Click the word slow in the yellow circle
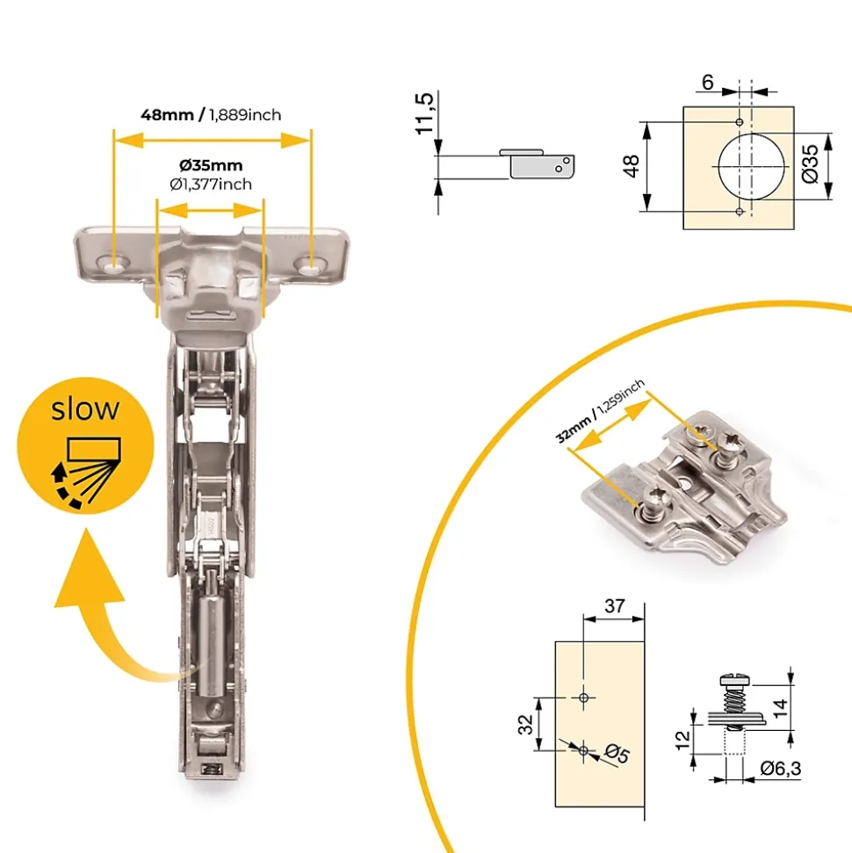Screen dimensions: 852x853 pos(85,409)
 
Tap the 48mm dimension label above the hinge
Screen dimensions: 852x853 pos(168,115)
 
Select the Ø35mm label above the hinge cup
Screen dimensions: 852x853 pos(211,165)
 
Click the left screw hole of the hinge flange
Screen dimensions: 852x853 pos(114,266)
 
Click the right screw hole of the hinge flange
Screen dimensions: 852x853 pos(311,265)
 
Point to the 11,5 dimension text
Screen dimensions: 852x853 pos(424,113)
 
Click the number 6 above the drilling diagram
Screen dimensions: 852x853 pos(707,83)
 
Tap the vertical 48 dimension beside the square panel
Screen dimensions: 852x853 pos(631,165)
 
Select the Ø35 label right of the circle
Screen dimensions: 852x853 pos(810,163)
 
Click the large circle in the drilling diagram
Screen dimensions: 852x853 pos(718,166)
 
